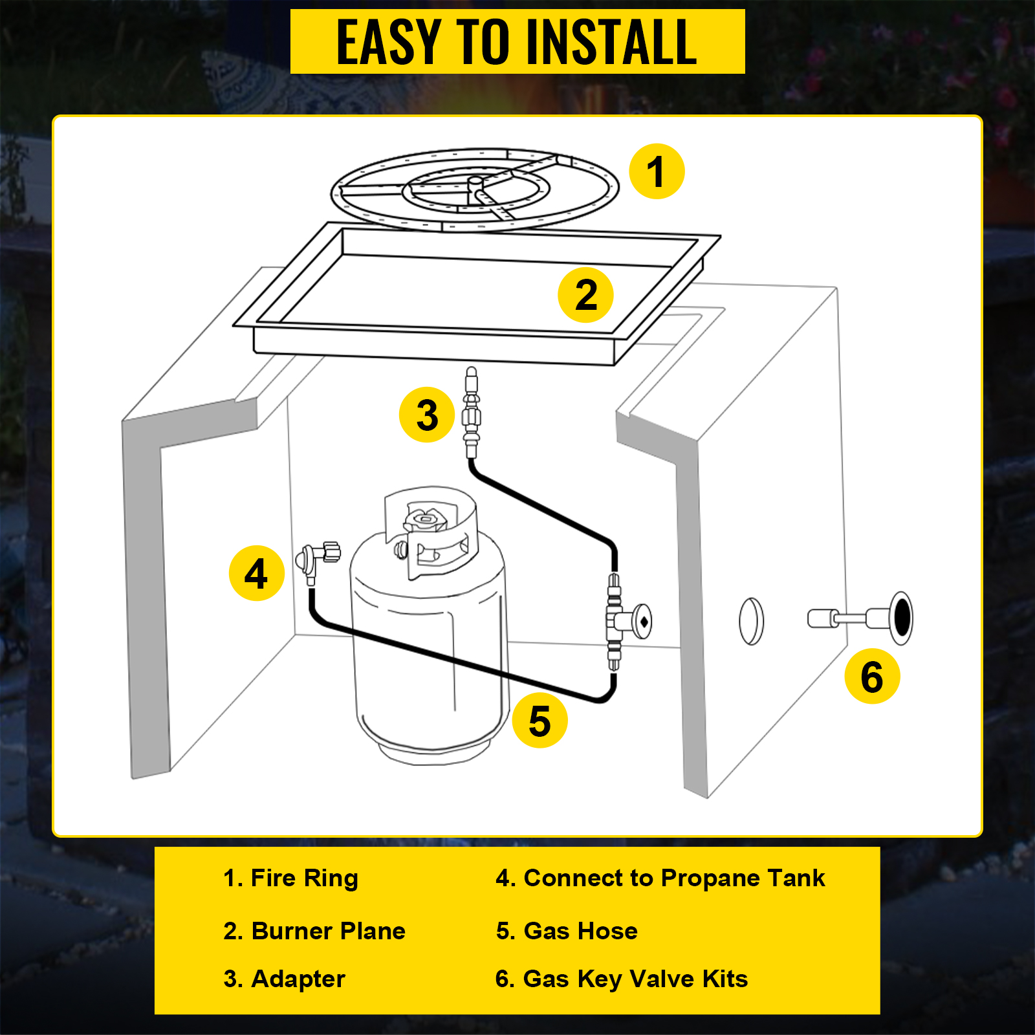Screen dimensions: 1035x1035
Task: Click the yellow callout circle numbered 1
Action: pos(657,171)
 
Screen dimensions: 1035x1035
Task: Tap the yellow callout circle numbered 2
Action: pos(585,295)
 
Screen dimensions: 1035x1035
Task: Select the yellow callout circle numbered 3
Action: pos(427,415)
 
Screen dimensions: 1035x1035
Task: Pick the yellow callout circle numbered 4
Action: pos(257,573)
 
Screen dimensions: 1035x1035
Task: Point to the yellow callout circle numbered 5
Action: pos(539,721)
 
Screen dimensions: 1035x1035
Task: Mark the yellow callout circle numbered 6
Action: pos(872,676)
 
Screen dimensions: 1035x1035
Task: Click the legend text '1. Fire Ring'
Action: pos(290,878)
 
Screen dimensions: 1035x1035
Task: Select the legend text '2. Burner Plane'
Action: pos(314,931)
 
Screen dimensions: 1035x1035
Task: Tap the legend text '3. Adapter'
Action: pos(284,979)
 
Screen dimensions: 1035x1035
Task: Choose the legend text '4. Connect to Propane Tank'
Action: pos(660,878)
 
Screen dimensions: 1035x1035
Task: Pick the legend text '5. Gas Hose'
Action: pos(567,931)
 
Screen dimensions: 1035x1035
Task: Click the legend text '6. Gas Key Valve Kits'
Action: pos(622,979)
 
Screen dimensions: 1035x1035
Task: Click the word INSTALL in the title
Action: pos(611,42)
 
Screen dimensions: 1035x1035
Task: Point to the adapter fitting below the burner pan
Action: pos(472,412)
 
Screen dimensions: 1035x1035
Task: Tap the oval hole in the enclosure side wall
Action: pos(751,621)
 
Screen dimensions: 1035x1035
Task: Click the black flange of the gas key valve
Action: pos(901,618)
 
